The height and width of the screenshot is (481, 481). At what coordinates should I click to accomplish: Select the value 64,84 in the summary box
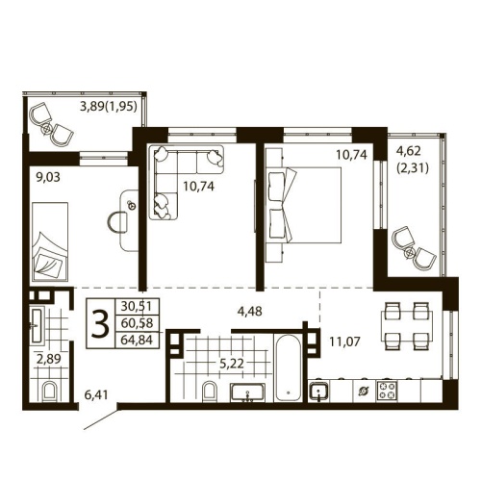134,338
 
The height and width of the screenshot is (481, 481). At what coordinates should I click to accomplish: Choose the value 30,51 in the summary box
134,307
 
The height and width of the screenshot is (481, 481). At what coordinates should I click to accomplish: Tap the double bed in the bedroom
305,204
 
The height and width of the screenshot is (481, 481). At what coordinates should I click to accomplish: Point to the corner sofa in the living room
179,173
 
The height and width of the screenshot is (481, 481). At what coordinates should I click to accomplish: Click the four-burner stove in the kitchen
390,391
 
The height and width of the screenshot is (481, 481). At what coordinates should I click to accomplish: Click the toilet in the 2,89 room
49,391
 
